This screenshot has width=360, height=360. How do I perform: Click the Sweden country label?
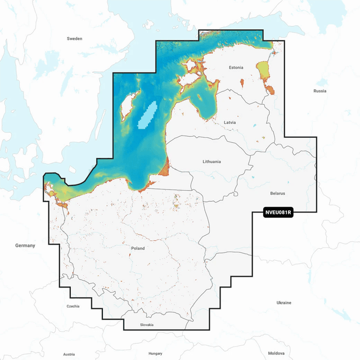pyautogui.click(x=74, y=39)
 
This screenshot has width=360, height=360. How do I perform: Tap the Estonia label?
pyautogui.click(x=236, y=67)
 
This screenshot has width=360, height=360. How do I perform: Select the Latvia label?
pyautogui.click(x=229, y=122)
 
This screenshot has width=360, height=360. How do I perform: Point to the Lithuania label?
pyautogui.click(x=211, y=161)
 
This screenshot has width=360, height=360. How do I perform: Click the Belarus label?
pyautogui.click(x=277, y=193)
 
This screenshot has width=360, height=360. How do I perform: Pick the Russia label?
pyautogui.click(x=319, y=91)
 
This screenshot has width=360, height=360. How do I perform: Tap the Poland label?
pyautogui.click(x=137, y=248)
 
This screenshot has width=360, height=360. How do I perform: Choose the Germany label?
pyautogui.click(x=25, y=245)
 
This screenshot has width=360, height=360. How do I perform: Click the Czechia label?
pyautogui.click(x=73, y=307)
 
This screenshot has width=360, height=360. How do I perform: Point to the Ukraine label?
pyautogui.click(x=284, y=303)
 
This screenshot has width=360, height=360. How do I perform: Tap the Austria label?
pyautogui.click(x=69, y=354)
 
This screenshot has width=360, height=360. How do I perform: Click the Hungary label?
pyautogui.click(x=155, y=353)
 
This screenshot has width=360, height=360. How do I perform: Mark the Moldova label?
pyautogui.click(x=276, y=353)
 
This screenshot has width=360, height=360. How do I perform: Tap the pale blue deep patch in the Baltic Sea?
pyautogui.click(x=147, y=115)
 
